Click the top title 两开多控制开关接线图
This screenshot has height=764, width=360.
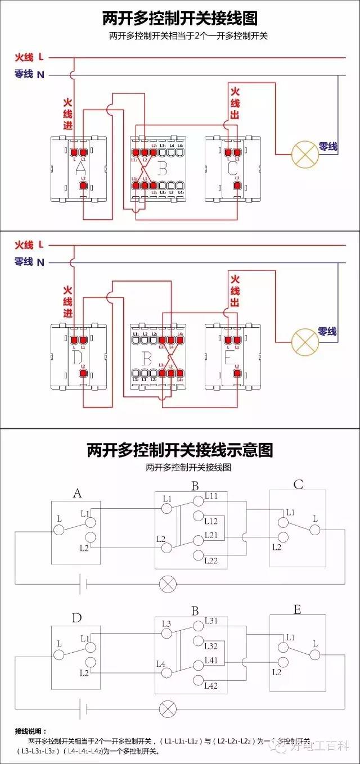(x=179, y=19)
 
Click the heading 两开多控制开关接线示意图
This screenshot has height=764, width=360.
(x=179, y=450)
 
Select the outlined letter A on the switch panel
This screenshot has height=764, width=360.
(x=79, y=168)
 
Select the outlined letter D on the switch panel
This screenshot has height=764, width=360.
(x=78, y=355)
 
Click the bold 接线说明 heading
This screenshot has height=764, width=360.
(x=31, y=731)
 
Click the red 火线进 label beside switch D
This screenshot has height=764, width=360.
(x=67, y=301)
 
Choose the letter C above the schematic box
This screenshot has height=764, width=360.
(x=298, y=485)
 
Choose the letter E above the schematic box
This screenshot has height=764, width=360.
(x=297, y=610)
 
